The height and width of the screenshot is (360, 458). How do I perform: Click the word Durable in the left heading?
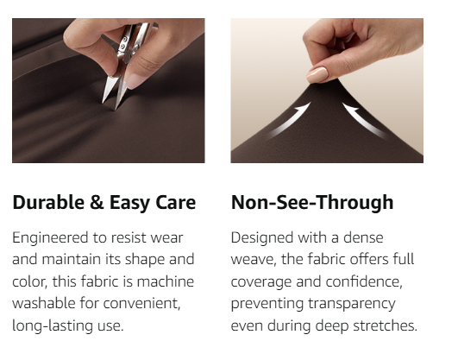point(48,202)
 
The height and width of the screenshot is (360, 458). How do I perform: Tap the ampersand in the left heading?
point(97,202)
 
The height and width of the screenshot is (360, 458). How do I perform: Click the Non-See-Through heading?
point(312,202)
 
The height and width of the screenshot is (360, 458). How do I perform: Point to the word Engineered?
point(50,238)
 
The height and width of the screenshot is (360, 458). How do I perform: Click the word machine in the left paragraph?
point(166,281)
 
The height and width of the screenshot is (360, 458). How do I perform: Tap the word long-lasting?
point(53,325)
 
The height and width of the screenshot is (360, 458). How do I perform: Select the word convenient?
point(141,304)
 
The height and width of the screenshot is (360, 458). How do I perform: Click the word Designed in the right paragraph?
point(262,237)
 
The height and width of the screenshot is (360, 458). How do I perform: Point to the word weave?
point(254,260)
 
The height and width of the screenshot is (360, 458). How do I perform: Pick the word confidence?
point(364,282)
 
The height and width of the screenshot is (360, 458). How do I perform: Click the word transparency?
point(352,304)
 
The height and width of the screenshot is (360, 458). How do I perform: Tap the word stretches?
point(385,325)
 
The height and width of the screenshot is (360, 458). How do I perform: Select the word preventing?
point(267,304)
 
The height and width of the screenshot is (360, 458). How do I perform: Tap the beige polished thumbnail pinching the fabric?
point(317,74)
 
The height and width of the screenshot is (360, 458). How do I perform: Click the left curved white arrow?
point(291,119)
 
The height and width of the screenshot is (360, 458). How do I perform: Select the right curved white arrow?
point(363,120)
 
